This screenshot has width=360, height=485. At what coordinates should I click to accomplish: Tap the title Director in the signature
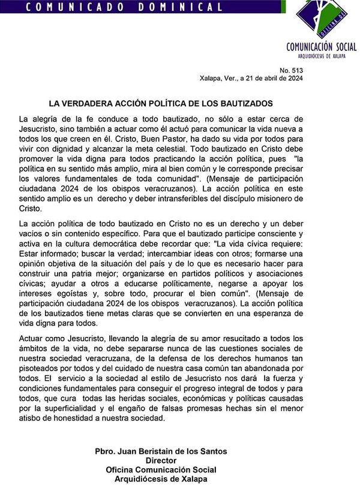click(161, 460)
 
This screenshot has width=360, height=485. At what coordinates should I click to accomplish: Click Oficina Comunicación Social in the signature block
click(161, 469)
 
